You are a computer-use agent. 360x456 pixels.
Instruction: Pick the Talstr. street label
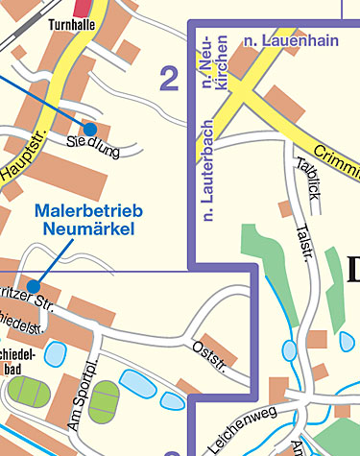(304, 239)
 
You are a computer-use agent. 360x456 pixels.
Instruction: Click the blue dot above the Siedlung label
(89, 128)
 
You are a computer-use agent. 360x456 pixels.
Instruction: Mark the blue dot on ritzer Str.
(34, 286)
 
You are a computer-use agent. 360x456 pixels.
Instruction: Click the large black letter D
(349, 266)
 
